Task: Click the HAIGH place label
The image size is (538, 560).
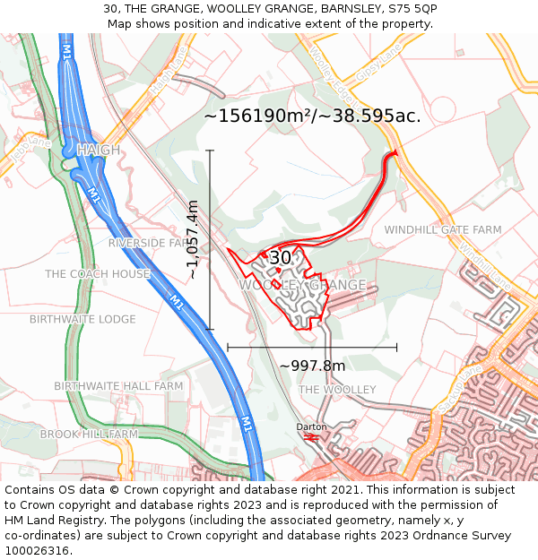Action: pyautogui.click(x=99, y=150)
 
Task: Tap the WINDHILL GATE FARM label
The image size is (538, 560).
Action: pyautogui.click(x=443, y=230)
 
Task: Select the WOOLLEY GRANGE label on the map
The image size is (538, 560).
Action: pyautogui.click(x=302, y=285)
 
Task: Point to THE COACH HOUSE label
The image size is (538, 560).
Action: pyautogui.click(x=98, y=274)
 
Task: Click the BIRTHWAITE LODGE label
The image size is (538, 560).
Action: pyautogui.click(x=82, y=319)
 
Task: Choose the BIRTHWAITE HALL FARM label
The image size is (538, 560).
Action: pyautogui.click(x=118, y=386)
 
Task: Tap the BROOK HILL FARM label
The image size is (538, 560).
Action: pyautogui.click(x=89, y=434)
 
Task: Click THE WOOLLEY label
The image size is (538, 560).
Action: pyautogui.click(x=337, y=390)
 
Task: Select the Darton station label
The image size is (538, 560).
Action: pyautogui.click(x=311, y=427)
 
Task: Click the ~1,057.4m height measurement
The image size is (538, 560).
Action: pyautogui.click(x=193, y=239)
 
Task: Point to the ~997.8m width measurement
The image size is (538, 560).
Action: pyautogui.click(x=312, y=366)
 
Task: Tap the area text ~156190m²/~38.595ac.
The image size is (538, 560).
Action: pyautogui.click(x=312, y=116)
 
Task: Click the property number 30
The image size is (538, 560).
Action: pyautogui.click(x=281, y=258)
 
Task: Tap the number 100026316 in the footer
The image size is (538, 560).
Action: pyautogui.click(x=37, y=551)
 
